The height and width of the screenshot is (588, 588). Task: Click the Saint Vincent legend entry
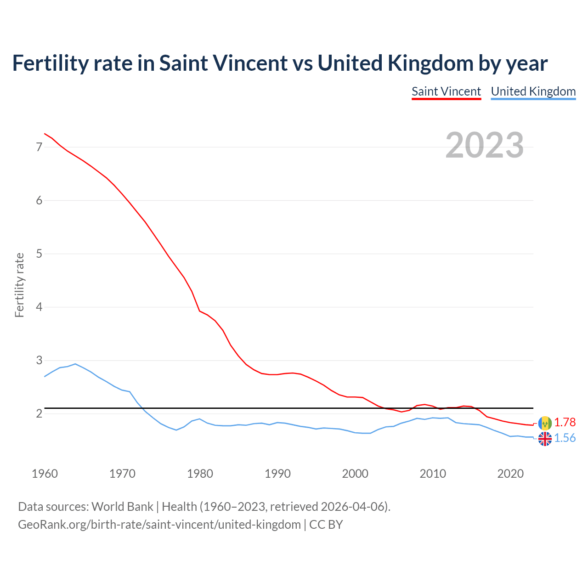click(x=446, y=91)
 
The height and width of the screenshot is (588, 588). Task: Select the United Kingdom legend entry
click(x=533, y=91)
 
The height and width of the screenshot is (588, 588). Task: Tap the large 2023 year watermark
click(x=484, y=145)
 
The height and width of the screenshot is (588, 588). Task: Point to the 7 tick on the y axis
click(x=39, y=147)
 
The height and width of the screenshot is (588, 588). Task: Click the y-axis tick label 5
click(x=39, y=254)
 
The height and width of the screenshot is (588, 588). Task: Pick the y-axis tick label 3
click(x=39, y=360)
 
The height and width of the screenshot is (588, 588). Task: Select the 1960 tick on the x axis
click(x=45, y=474)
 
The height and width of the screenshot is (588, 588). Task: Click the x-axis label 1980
click(x=200, y=474)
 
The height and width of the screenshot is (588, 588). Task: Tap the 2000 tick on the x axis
click(x=355, y=474)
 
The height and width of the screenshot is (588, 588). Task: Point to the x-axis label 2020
click(x=510, y=474)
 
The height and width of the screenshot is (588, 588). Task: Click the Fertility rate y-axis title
click(x=19, y=285)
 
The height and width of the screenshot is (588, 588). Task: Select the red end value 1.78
click(x=565, y=422)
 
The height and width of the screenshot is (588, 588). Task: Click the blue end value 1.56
click(x=565, y=438)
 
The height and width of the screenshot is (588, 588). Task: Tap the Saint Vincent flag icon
click(x=545, y=423)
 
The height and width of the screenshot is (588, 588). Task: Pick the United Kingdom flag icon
click(x=545, y=439)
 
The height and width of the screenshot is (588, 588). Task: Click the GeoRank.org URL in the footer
click(x=159, y=525)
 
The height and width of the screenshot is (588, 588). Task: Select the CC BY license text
click(x=326, y=525)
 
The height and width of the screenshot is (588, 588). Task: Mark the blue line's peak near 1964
click(x=75, y=364)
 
